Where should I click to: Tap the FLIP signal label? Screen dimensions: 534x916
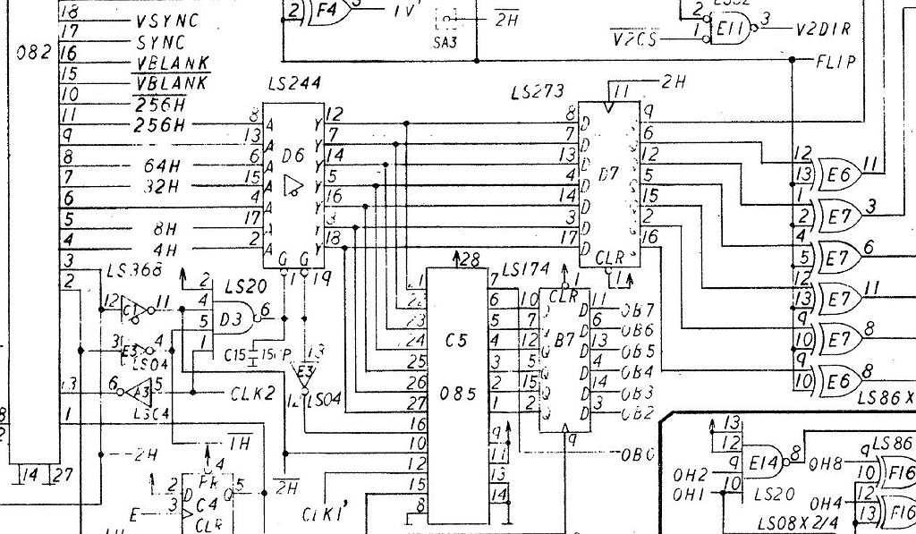coord(835,62)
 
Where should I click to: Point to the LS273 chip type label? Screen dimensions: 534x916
coord(537,91)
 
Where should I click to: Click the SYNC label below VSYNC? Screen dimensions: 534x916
coord(161,42)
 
